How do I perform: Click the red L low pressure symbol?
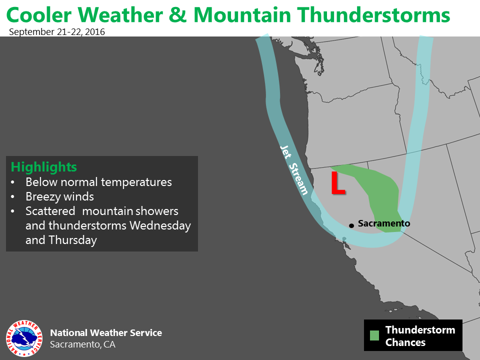(x=338, y=183)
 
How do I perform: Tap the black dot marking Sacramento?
(x=351, y=225)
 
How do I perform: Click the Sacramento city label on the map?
(x=384, y=223)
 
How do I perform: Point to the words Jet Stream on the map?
(x=294, y=170)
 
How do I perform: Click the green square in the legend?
(x=374, y=335)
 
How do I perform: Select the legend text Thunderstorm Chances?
(x=420, y=336)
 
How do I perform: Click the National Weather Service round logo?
(x=24, y=338)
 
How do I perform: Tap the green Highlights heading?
(x=44, y=167)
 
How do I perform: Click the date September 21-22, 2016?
(x=57, y=32)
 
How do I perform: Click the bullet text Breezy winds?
(x=59, y=196)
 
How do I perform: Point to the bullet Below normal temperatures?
(x=98, y=182)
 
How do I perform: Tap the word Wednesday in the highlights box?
(x=160, y=225)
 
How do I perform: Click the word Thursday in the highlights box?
(x=72, y=240)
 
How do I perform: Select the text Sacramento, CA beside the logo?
(x=82, y=344)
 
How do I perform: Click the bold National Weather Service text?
(x=106, y=333)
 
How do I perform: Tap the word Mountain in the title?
(x=242, y=15)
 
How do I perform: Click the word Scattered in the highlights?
(x=50, y=211)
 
